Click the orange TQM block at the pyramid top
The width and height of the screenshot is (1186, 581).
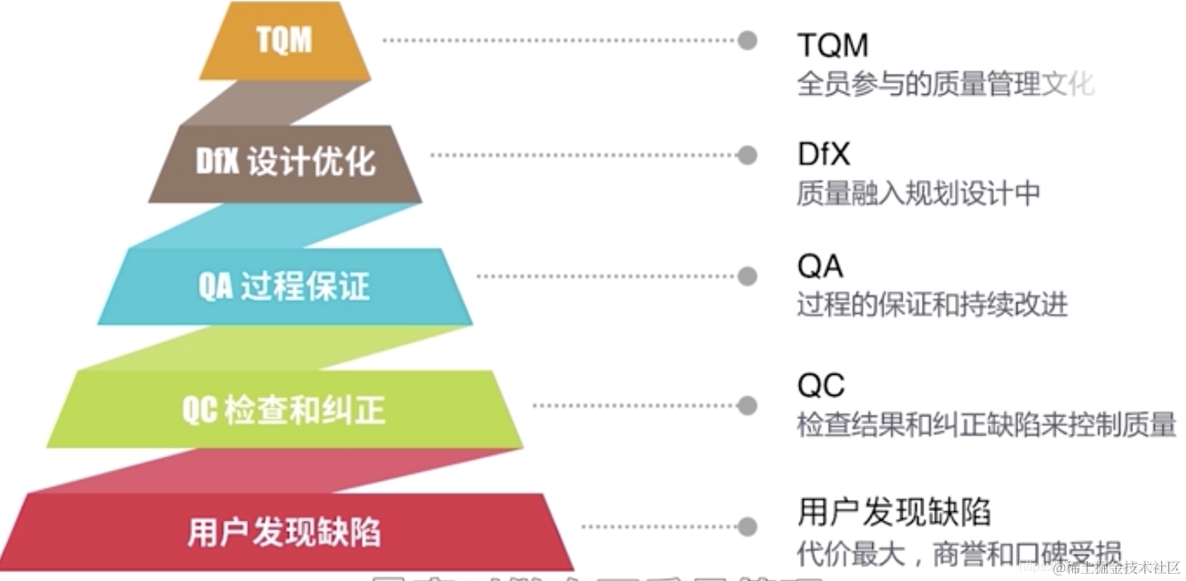coord(284,40)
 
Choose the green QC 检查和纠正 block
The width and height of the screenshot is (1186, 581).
coord(284,409)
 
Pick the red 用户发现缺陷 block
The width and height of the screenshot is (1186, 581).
coord(284,531)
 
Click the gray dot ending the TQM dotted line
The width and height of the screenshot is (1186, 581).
coord(747,40)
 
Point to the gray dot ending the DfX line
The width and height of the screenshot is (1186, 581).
coord(747,155)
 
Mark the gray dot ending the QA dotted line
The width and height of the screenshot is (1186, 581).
coord(747,277)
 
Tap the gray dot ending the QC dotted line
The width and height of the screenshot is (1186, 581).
coord(747,405)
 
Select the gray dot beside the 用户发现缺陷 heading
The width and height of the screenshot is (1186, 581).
coord(747,527)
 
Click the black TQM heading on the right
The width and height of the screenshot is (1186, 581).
coord(832,45)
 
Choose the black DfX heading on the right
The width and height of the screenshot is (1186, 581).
coord(823,154)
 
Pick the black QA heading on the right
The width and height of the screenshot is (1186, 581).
coord(820,266)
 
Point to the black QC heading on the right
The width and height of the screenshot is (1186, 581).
coord(821,386)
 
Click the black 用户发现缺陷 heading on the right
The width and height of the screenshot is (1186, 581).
coord(894,512)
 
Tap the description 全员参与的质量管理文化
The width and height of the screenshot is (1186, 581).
coord(944,84)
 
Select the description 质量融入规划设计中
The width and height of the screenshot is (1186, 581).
coord(918,193)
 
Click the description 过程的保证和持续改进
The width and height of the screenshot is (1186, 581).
coord(932,305)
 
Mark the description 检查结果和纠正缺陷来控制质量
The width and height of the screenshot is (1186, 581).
coord(986,425)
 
